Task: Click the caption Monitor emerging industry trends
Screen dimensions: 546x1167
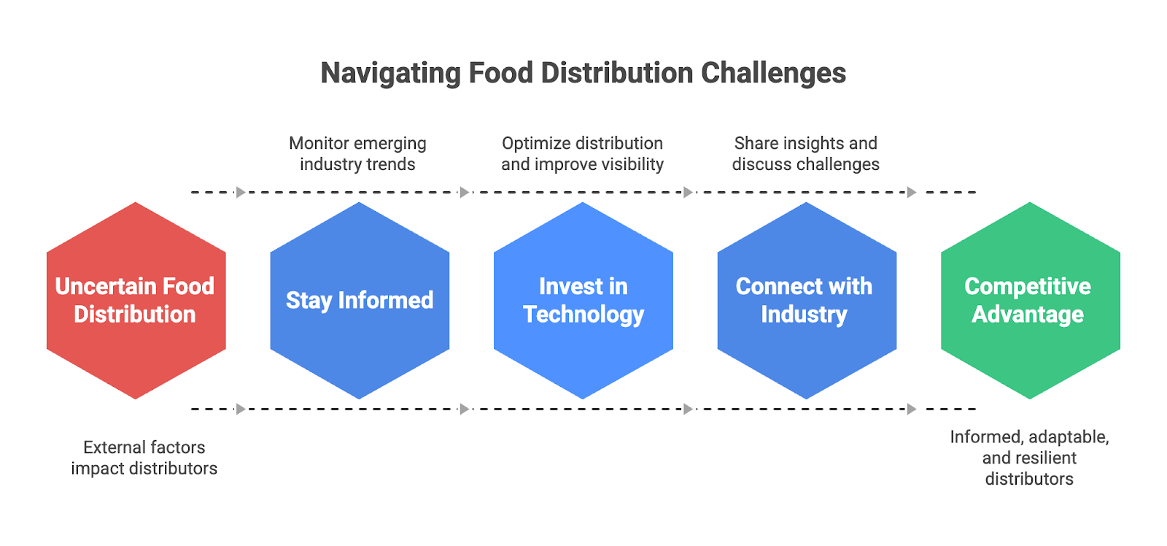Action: point(357,153)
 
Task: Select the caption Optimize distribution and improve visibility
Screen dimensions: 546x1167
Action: point(582,153)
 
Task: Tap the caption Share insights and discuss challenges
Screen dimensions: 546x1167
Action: point(805,153)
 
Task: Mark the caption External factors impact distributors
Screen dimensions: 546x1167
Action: point(144,458)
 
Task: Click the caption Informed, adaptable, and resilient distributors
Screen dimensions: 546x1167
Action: point(1029,458)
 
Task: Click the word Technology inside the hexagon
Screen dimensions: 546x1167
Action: point(583,315)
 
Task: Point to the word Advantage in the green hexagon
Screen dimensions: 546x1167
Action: point(1028,315)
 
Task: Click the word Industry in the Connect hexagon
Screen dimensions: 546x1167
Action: point(804,315)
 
